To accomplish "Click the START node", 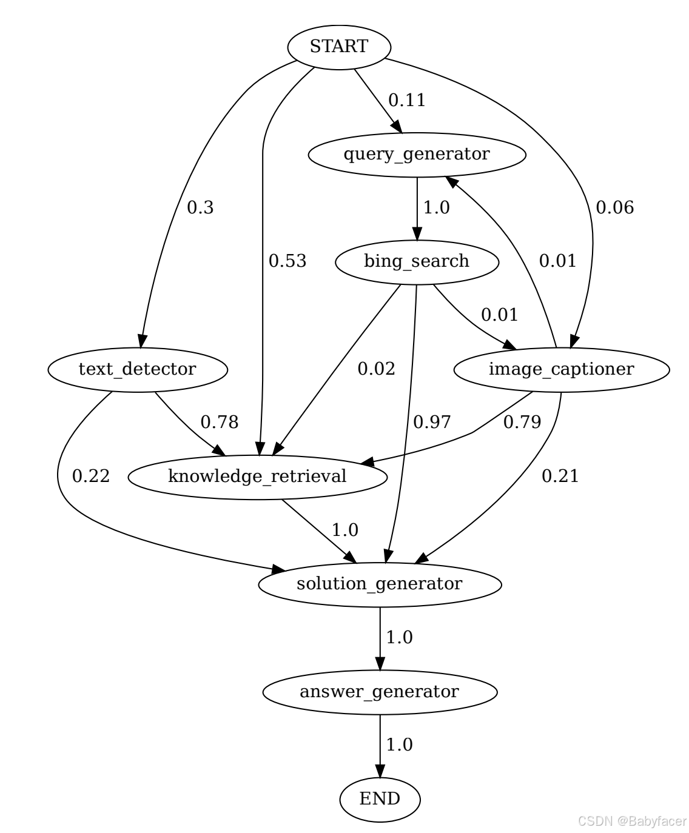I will point(338,47).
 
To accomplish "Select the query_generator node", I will point(417,154).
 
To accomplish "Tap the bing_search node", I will point(417,261).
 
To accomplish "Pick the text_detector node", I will point(137,369).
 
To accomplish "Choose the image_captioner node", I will point(561,369).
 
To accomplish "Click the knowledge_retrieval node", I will point(257,477).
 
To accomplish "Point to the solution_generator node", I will point(380,584).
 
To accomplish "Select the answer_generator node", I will point(380,691).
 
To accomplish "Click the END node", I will point(380,799).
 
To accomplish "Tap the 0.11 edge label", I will point(407,100).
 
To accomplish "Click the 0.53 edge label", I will point(287,261).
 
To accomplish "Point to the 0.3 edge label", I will point(200,208).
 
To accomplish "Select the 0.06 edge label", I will point(614,208).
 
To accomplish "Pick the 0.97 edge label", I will point(432,423).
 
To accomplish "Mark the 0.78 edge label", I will point(220,423).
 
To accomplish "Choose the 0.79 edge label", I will point(522,423).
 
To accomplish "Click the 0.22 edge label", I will point(91,477).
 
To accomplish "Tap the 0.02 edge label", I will point(376,369).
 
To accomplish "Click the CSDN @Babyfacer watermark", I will point(632,821).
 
